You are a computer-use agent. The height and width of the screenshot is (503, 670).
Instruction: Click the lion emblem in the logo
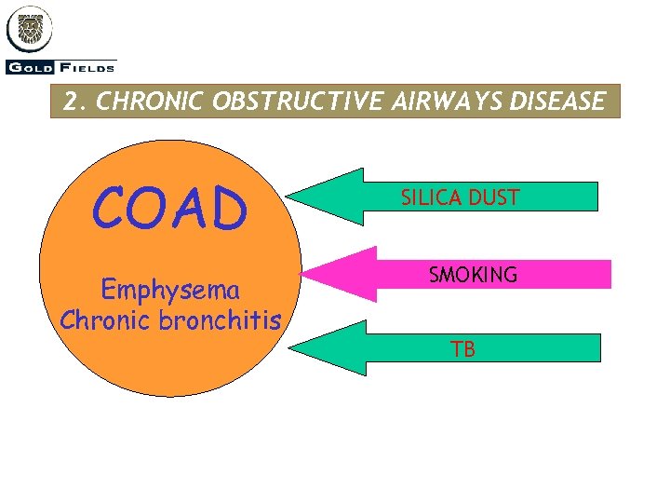30,30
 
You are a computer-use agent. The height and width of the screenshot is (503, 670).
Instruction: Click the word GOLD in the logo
30,67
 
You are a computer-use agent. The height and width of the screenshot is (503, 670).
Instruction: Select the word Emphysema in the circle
169,290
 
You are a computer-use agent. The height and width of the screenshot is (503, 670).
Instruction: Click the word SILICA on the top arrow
431,197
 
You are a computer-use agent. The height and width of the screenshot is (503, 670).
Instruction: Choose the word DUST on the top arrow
495,197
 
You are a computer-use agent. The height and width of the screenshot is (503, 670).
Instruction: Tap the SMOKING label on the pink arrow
473,275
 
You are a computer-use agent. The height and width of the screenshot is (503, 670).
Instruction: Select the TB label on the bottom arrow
462,350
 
